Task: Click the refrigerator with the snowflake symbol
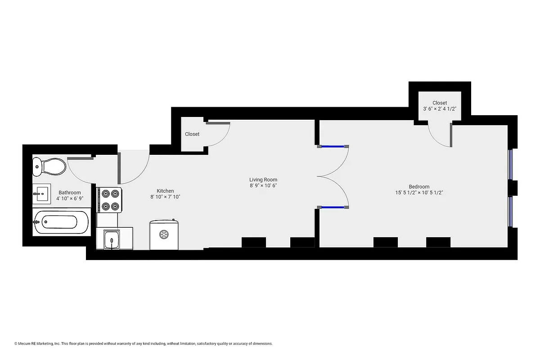click(x=164, y=234)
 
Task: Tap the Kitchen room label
click(x=165, y=191)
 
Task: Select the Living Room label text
click(x=263, y=180)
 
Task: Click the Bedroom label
click(x=419, y=187)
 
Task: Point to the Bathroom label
click(x=70, y=193)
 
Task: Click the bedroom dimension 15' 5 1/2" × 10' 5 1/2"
click(x=419, y=193)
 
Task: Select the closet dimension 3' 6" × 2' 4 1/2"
click(x=440, y=109)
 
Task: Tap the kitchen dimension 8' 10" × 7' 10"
click(x=165, y=197)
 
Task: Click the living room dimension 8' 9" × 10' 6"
click(x=263, y=185)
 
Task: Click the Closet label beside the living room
click(x=192, y=134)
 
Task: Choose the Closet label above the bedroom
click(x=440, y=103)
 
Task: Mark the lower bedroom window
click(x=510, y=211)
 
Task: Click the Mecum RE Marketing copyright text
click(x=143, y=343)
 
